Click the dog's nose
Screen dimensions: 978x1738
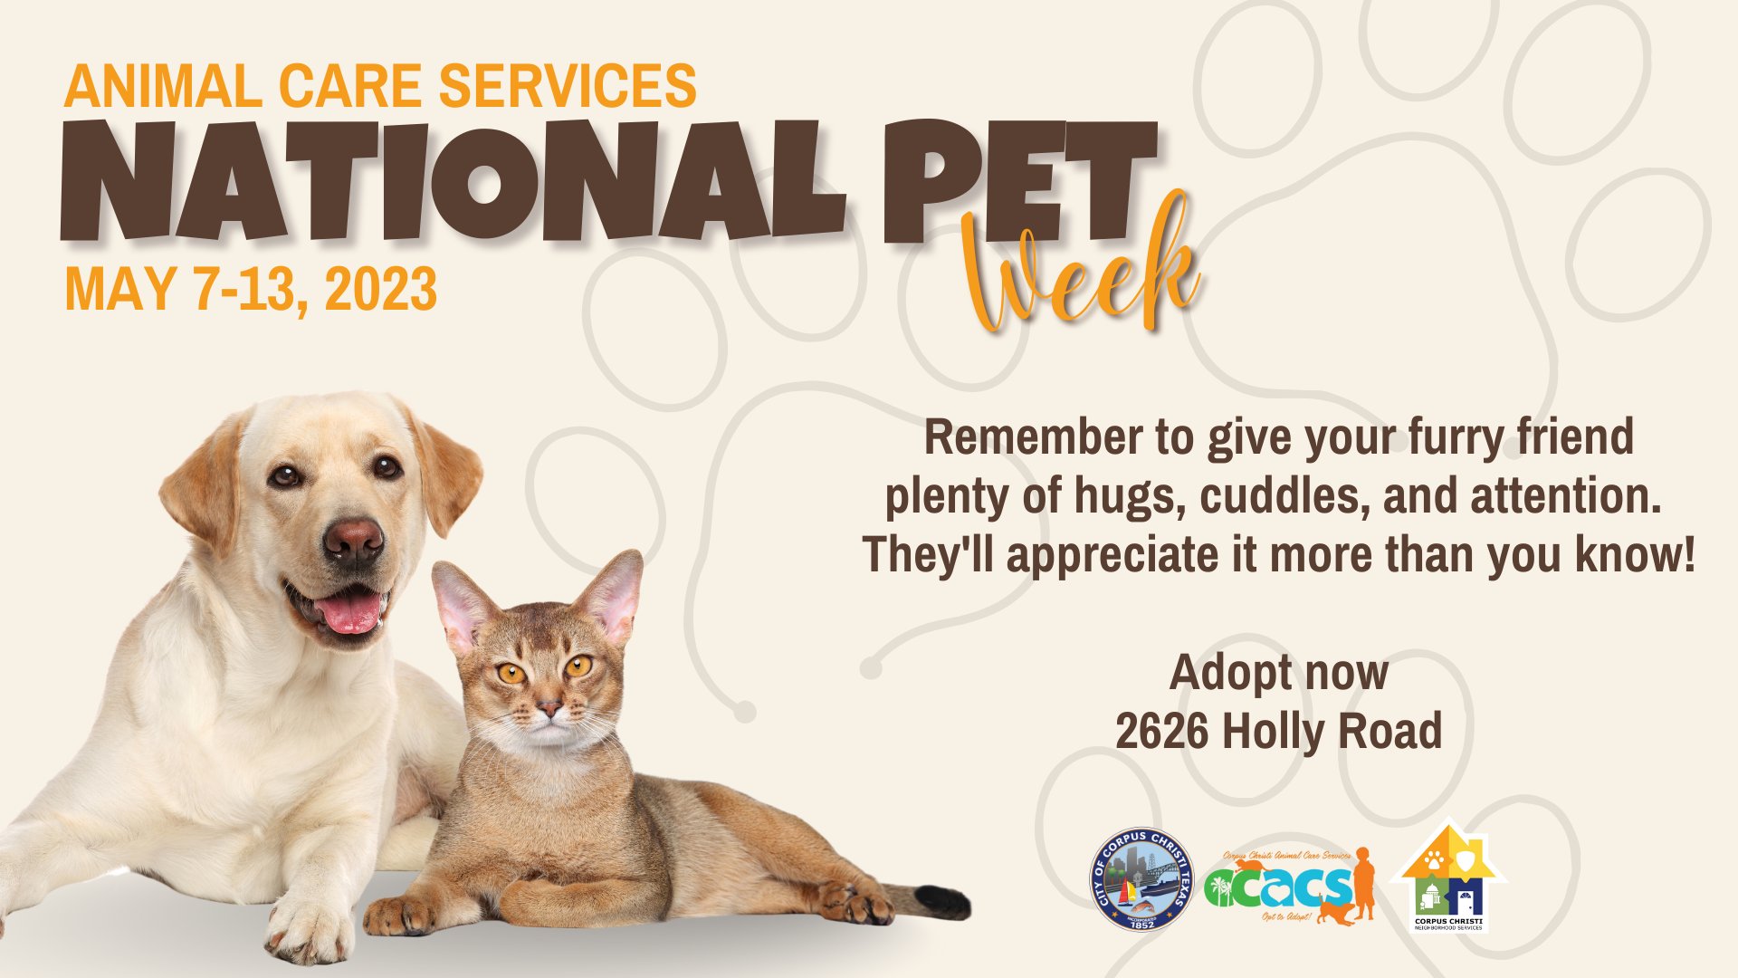coord(352,541)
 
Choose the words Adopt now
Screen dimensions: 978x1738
coord(1278,673)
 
